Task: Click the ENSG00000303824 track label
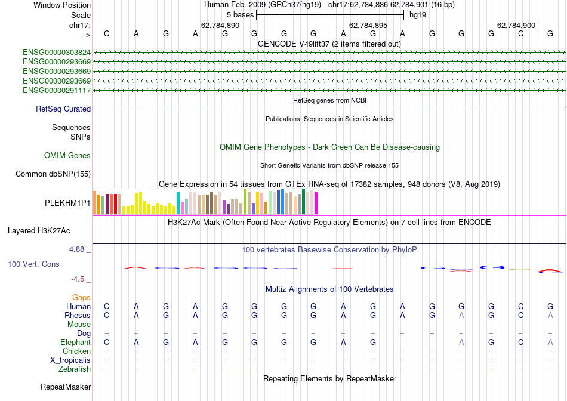[57, 53]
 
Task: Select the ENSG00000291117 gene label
[57, 91]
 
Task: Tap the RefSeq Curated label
[63, 109]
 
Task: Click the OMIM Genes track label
[67, 156]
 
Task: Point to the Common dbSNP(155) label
[53, 174]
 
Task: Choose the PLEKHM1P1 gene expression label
[67, 203]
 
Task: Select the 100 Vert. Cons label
[33, 264]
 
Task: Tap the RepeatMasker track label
[66, 387]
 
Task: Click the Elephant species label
[75, 343]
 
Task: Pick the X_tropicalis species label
[70, 360]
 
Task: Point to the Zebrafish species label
[74, 369]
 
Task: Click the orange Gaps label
[81, 297]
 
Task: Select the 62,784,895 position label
[368, 26]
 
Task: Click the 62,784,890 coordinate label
[220, 26]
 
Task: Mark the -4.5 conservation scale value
[81, 279]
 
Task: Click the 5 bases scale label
[240, 14]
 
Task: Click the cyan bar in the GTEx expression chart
[178, 203]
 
